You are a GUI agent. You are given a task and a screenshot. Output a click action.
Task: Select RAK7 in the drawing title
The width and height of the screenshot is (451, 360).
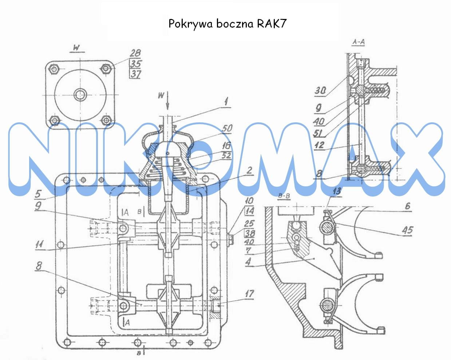coord(272,24)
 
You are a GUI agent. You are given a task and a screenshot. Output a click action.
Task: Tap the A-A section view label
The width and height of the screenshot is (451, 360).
coord(359,43)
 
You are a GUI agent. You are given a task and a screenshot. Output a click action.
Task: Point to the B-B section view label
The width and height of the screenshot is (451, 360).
coord(284,197)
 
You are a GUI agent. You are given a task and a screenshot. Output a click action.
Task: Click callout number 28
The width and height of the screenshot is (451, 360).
coord(135,54)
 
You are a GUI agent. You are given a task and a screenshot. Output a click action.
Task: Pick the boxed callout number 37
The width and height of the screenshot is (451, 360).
coord(135,74)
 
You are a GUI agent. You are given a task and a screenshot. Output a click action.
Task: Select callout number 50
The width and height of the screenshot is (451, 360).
coord(227,128)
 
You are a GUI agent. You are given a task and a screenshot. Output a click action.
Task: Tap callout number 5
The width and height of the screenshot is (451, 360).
coord(38,194)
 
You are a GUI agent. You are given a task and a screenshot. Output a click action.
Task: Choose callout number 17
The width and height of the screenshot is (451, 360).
coord(249,293)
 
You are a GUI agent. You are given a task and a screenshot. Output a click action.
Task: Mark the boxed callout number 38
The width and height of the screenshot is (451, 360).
coord(249,233)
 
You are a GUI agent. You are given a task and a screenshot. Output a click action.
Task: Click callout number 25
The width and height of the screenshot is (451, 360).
coord(249,223)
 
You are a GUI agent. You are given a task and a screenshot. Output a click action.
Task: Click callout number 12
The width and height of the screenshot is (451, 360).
coord(319,145)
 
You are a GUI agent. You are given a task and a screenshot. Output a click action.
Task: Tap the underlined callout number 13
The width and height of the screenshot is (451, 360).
coord(337,191)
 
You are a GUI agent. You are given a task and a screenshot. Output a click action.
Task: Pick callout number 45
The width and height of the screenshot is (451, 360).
coord(407,229)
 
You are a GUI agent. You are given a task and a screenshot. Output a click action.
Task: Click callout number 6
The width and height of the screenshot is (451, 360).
coord(407,206)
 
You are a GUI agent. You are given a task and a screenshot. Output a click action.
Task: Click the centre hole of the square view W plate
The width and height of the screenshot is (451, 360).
coord(80,95)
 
